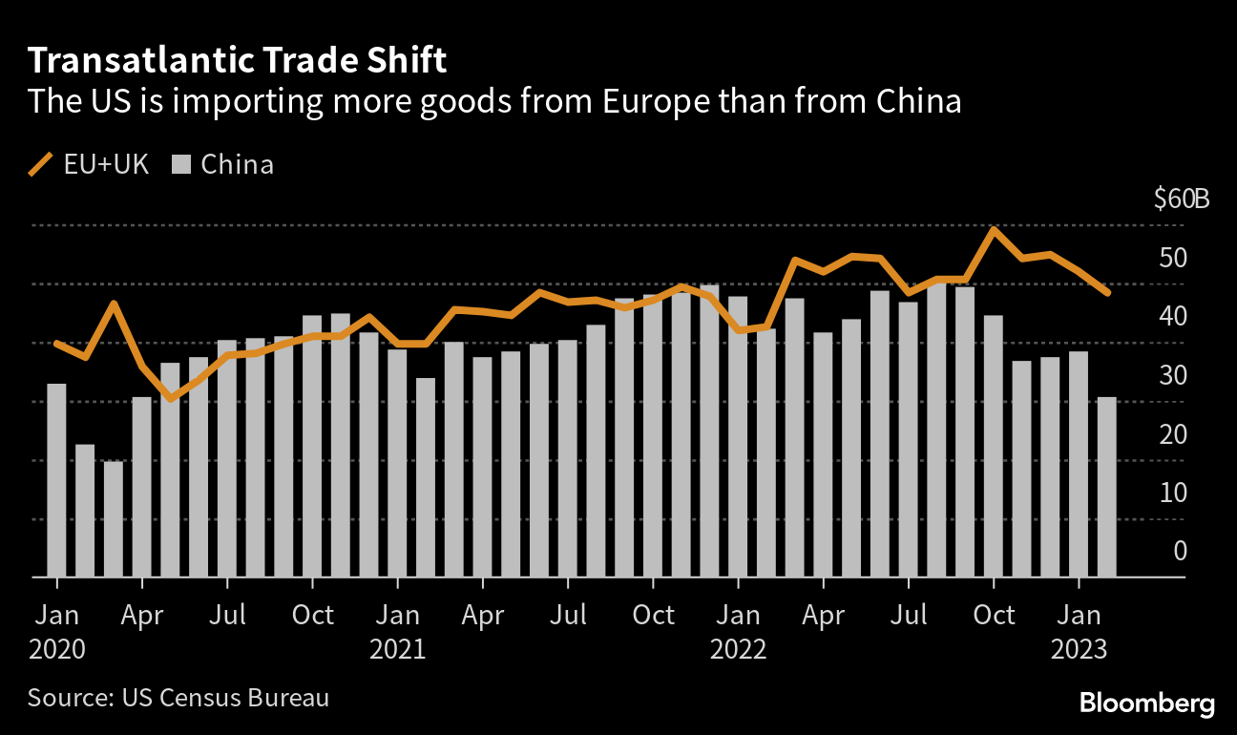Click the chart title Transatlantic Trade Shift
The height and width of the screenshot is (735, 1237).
[237, 61]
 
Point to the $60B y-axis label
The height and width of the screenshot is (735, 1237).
[1181, 200]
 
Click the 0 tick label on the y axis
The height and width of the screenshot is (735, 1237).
[1180, 552]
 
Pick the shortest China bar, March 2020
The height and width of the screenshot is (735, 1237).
[114, 519]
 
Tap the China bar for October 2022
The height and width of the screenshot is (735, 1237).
[994, 446]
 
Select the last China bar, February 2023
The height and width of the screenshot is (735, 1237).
[1107, 487]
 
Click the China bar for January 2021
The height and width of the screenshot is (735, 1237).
[397, 463]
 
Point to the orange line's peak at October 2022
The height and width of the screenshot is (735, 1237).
[994, 230]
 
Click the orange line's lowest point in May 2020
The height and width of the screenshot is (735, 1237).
[170, 399]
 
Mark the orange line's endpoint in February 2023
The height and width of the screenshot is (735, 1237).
[1107, 293]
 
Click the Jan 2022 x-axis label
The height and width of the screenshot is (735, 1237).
[738, 631]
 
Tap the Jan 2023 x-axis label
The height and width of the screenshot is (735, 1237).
[1079, 631]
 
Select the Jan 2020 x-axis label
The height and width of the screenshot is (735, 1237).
[57, 631]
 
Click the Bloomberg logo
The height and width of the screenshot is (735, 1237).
[1147, 704]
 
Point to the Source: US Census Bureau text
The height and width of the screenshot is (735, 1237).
[178, 698]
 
